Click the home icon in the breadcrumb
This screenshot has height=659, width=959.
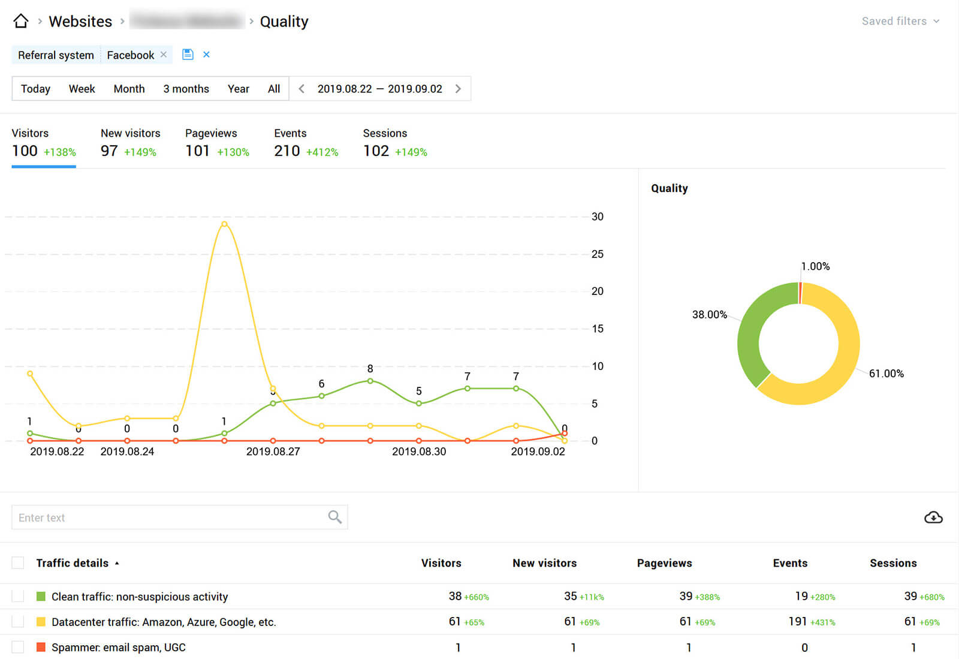(21, 21)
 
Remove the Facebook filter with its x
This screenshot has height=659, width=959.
(164, 55)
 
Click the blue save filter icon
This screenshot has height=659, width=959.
(188, 55)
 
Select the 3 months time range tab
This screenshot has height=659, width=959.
(186, 89)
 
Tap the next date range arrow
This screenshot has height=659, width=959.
(459, 89)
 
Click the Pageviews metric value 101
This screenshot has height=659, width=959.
(197, 151)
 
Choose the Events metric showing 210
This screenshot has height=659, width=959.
(287, 151)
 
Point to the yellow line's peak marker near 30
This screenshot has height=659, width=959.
(224, 224)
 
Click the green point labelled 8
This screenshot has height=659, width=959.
(370, 381)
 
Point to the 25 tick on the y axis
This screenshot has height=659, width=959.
(597, 254)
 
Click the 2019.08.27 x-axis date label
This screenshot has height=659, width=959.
(273, 452)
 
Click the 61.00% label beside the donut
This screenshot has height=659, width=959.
(886, 374)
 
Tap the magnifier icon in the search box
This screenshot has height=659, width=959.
(334, 517)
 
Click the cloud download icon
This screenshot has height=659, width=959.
(933, 517)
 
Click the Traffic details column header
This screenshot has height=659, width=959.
(73, 563)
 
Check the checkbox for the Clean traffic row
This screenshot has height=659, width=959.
(18, 597)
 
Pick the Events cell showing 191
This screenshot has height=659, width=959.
(797, 622)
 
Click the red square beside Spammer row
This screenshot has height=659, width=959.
(41, 647)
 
